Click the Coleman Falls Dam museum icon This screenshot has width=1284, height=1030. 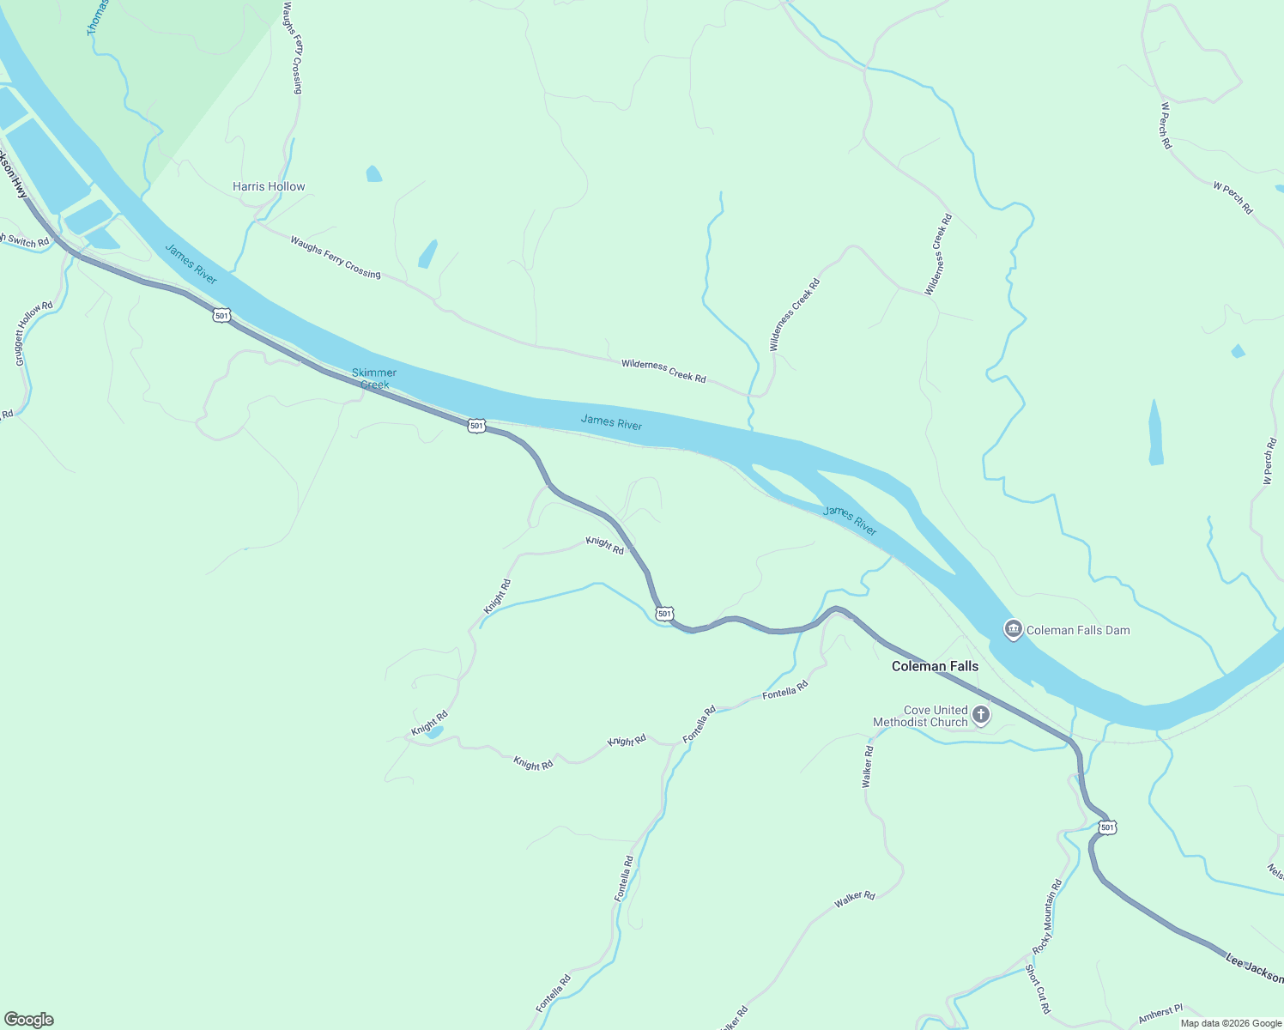click(1014, 630)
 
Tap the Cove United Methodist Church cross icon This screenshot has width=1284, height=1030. click(981, 715)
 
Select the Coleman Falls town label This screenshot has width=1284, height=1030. click(935, 666)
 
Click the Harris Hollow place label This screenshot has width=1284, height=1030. click(269, 186)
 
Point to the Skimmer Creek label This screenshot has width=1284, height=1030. click(374, 379)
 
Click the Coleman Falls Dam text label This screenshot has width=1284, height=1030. click(1078, 630)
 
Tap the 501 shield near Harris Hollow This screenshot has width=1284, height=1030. click(222, 316)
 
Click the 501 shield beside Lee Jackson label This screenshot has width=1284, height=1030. click(1107, 827)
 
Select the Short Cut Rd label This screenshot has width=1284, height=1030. click(1038, 989)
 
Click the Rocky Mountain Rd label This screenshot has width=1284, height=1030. click(1047, 917)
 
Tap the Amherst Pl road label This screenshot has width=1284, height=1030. click(1160, 1014)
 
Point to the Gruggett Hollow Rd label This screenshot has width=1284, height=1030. click(33, 334)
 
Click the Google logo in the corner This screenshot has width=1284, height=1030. click(29, 1020)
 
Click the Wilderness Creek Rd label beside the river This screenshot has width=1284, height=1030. click(663, 372)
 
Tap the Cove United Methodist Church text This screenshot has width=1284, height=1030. click(921, 716)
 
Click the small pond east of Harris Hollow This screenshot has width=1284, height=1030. click(373, 174)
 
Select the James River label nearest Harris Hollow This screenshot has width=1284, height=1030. click(191, 264)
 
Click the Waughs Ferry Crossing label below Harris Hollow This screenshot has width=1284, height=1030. click(335, 257)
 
